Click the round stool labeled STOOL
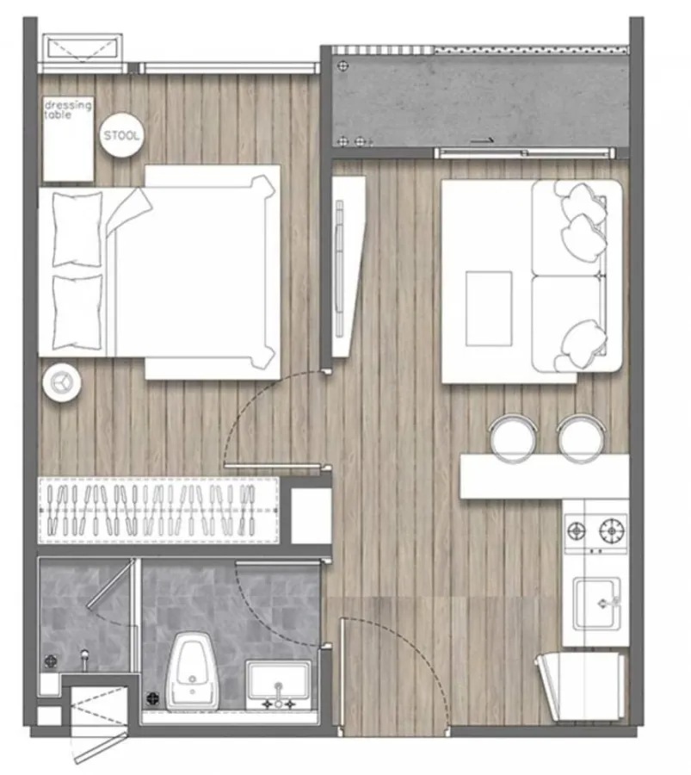click(121, 135)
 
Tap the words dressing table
click(68, 109)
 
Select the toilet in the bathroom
click(192, 671)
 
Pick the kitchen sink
click(596, 604)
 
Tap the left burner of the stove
click(577, 531)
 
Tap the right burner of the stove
click(612, 531)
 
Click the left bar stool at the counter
click(513, 438)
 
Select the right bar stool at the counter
click(582, 438)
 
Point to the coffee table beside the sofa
click(489, 308)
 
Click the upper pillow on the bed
click(77, 229)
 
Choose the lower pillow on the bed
click(77, 313)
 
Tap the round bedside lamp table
click(62, 382)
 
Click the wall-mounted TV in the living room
click(339, 269)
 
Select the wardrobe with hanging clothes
click(158, 510)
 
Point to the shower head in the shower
click(85, 660)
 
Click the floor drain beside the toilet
click(152, 698)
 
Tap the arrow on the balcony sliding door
click(482, 141)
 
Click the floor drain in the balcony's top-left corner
click(343, 65)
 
